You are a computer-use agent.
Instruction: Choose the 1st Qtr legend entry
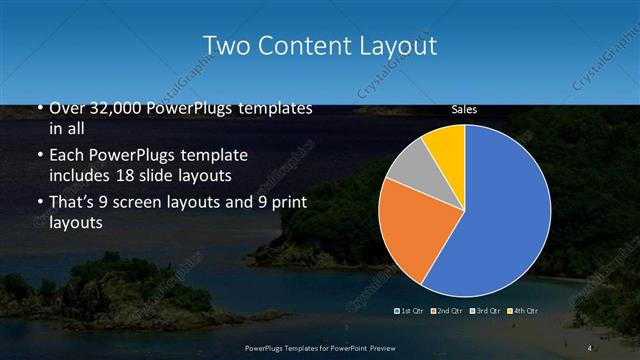[x=411, y=311]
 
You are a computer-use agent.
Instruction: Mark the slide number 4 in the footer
[x=590, y=347]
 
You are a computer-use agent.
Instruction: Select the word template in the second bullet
[x=207, y=156]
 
